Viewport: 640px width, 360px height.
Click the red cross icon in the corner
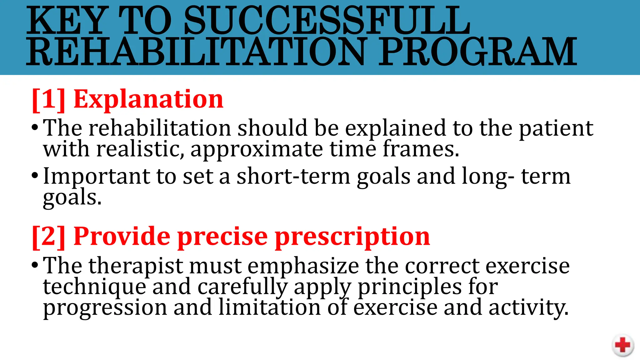pyautogui.click(x=622, y=345)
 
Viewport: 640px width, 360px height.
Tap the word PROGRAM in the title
pyautogui.click(x=478, y=52)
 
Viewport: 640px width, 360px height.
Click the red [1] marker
pyautogui.click(x=49, y=99)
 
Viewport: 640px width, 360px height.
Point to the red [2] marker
pyautogui.click(x=49, y=237)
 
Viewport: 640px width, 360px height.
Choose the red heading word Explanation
pyautogui.click(x=148, y=99)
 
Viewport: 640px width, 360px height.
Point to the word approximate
pyautogui.click(x=257, y=150)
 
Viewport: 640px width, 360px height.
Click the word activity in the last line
pyautogui.click(x=528, y=308)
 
